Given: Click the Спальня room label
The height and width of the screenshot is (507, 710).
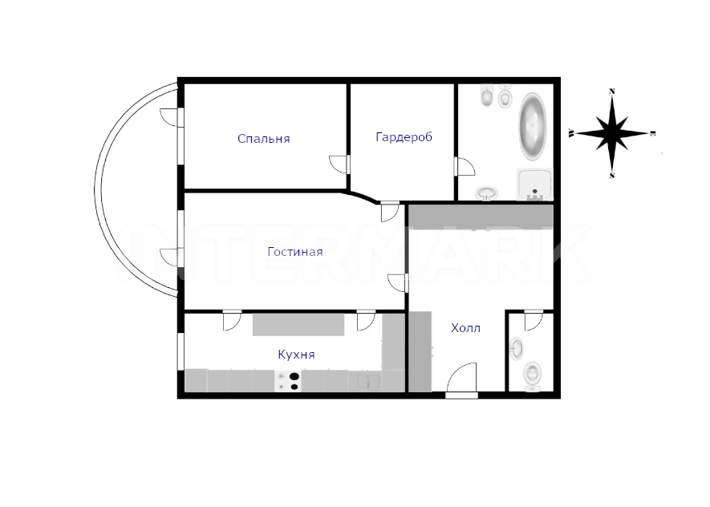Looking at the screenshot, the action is click(263, 139).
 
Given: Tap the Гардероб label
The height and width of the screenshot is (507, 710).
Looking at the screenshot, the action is click(404, 136).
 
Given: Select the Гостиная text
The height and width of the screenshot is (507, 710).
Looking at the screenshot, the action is click(294, 251).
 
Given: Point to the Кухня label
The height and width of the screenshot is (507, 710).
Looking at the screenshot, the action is click(296, 354).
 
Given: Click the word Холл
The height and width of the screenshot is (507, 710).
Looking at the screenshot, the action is click(465, 328).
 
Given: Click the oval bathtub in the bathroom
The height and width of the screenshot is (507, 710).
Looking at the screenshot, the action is click(533, 127).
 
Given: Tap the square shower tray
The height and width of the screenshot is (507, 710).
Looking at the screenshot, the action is click(535, 185).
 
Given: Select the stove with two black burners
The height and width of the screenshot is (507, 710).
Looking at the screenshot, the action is click(289, 381).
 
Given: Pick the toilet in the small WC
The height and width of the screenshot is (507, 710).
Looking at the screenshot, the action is click(533, 375).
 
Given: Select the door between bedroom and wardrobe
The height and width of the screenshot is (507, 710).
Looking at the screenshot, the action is click(339, 164).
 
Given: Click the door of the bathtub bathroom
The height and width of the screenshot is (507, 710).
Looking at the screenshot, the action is click(465, 167).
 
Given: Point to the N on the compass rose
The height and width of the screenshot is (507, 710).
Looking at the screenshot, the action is click(612, 91).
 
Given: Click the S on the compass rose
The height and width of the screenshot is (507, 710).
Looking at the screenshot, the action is click(612, 176).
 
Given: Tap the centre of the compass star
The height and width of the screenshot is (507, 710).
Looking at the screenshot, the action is click(612, 133).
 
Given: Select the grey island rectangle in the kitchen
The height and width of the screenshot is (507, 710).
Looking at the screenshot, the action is click(298, 325).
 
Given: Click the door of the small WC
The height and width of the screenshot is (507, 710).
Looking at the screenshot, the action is click(534, 320).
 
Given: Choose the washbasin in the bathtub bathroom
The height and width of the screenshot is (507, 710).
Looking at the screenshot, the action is click(487, 193).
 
